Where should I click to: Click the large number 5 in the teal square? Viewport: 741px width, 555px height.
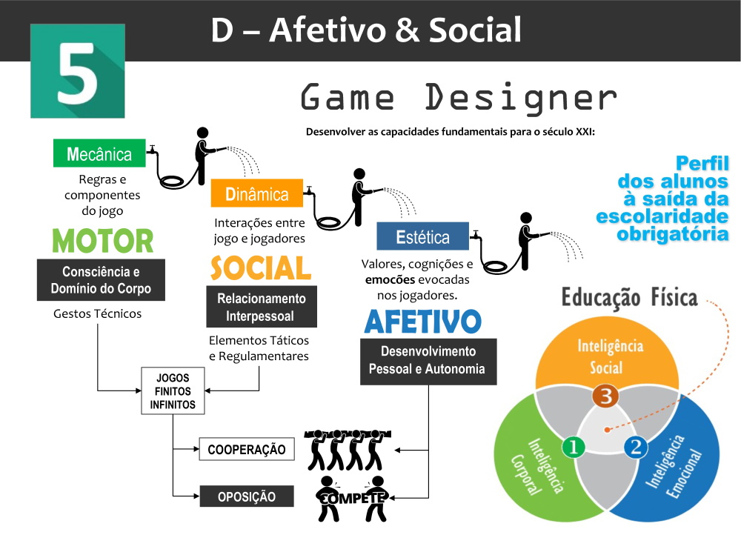pos(77,73)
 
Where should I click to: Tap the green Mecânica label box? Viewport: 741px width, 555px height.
pos(99,154)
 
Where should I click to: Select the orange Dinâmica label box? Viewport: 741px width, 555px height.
pos(257,194)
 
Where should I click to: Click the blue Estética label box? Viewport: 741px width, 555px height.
pos(422,237)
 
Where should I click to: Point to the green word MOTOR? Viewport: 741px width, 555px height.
pos(102,241)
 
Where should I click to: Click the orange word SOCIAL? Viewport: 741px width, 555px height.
pos(260,267)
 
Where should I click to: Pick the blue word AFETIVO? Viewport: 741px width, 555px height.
pos(422,322)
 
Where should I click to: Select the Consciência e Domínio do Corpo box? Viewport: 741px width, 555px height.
pos(101,280)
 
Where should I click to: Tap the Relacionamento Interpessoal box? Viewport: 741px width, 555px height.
pos(261,308)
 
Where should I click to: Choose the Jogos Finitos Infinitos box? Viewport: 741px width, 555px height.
pos(173,391)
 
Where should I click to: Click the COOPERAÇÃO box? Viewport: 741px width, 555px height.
pos(247,450)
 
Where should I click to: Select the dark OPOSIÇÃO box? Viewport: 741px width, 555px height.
pos(247,496)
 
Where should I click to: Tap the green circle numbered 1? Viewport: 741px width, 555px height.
pos(574,447)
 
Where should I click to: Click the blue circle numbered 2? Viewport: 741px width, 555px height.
pos(635,447)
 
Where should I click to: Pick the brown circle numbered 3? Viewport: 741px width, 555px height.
pos(605,396)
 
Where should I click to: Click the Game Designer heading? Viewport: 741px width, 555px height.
pos(459,99)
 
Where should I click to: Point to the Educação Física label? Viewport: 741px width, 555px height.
pos(629,298)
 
